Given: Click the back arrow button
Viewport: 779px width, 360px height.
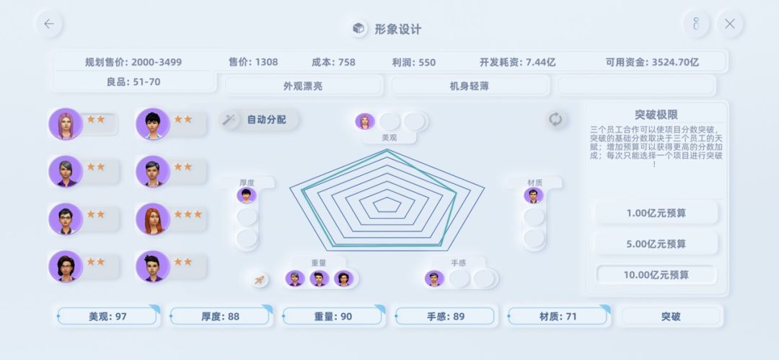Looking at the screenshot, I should point(49,24).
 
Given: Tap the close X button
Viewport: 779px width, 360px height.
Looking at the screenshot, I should point(729,24).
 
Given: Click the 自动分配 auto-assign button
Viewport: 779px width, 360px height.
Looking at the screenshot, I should point(260,120).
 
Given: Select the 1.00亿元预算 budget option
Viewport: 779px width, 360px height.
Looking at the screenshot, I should point(656,213).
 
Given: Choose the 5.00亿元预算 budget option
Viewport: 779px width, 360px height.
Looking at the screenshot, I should point(656,244).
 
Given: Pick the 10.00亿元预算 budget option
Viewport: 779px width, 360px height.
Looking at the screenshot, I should point(656,275).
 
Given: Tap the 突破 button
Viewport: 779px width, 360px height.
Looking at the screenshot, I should point(671,316).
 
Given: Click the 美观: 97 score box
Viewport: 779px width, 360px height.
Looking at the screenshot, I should point(107,316).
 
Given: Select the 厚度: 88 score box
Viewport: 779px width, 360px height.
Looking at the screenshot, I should point(221,316).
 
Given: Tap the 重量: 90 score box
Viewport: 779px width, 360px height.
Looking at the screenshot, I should point(333,316).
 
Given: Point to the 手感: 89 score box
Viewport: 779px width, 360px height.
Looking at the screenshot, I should point(445,316).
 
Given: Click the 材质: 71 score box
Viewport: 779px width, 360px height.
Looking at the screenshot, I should point(558,316).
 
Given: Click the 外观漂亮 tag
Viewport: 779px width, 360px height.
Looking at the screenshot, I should point(303,86).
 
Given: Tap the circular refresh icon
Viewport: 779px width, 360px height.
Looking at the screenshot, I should point(555,119).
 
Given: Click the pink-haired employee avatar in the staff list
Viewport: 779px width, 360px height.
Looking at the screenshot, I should point(65,124).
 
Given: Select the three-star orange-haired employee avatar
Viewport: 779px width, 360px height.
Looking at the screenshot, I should point(152,219).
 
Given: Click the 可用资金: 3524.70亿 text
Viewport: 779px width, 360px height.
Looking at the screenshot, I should point(652,62).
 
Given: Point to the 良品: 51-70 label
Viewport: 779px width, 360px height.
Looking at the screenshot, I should point(133,82).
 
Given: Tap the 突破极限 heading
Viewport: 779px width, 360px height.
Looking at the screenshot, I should point(656,115).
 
